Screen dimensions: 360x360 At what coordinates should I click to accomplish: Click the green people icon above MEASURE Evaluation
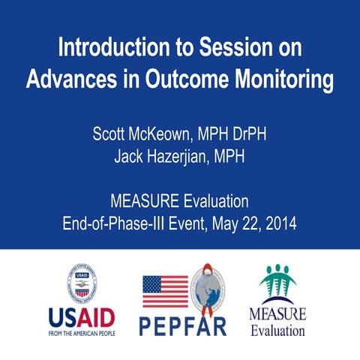pyautogui.click(x=277, y=283)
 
